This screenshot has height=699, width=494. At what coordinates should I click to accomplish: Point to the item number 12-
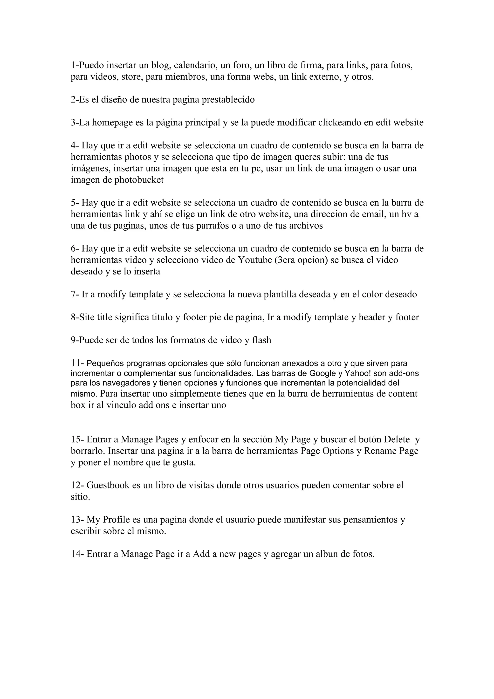point(77,485)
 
